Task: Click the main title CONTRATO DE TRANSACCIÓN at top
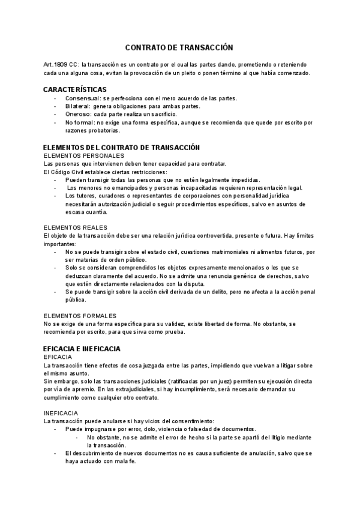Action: [x=178, y=47]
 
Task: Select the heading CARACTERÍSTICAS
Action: [x=75, y=89]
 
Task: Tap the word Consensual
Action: [x=83, y=98]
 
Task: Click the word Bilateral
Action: [x=79, y=106]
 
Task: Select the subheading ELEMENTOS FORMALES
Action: [x=80, y=316]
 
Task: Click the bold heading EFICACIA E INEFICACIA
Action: [x=82, y=348]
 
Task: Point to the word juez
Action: [x=224, y=381]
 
